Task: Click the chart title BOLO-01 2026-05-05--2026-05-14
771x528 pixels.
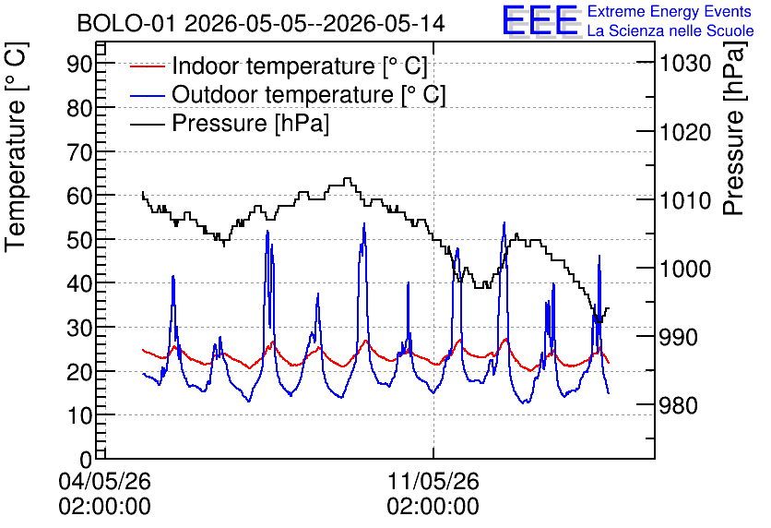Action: pos(261,23)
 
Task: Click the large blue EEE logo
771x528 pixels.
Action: pos(541,20)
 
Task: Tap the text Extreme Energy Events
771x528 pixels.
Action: pos(670,11)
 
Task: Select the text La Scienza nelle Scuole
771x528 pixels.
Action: pos(670,30)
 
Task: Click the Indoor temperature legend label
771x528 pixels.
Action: pos(300,66)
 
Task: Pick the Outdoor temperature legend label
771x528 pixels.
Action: pos(309,94)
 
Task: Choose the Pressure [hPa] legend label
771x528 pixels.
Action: pos(250,123)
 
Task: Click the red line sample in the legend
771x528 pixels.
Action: pos(147,66)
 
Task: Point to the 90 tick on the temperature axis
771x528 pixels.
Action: pos(79,64)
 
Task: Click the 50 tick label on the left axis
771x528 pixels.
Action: pos(79,240)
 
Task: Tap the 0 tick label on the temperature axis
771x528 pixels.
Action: pos(86,460)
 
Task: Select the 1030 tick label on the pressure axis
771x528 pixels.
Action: pos(685,63)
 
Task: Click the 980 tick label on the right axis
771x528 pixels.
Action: pos(679,406)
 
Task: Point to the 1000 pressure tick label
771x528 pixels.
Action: pos(685,269)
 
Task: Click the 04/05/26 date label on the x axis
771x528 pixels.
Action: pos(105,481)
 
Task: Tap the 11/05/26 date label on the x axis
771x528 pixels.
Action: pos(433,481)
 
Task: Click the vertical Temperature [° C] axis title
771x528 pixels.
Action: pos(16,147)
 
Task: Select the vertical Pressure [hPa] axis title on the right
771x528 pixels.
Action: pos(733,128)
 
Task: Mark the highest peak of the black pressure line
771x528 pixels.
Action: pos(347,178)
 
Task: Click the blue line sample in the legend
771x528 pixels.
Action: pos(147,94)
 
